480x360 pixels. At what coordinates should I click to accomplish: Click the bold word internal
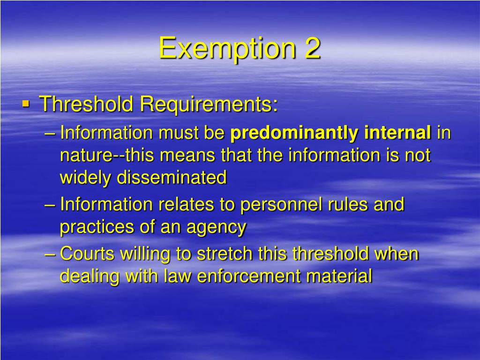tap(397, 133)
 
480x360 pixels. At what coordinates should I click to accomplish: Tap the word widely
tap(86, 177)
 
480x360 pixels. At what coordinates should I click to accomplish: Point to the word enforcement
tap(249, 276)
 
